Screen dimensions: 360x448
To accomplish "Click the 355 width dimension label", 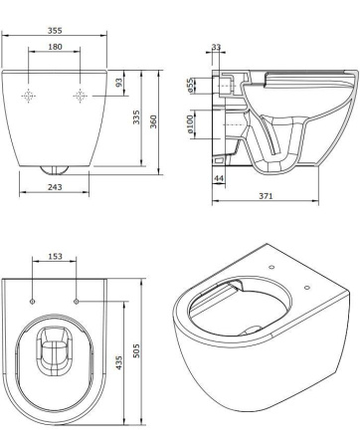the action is [x=55, y=30].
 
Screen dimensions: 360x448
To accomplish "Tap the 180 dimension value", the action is [x=55, y=47].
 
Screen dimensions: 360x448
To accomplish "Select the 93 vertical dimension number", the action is [x=119, y=83].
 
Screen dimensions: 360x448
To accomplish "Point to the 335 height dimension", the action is [x=136, y=117].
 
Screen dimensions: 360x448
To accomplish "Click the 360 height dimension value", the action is [x=153, y=121].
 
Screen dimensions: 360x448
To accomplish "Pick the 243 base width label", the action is [x=55, y=187].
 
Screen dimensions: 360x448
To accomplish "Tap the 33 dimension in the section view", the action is [x=216, y=47].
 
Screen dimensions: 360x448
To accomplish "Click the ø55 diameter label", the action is [x=190, y=85].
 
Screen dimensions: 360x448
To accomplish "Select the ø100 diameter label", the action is [x=190, y=124].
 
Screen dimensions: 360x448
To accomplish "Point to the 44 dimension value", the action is [x=219, y=178].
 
